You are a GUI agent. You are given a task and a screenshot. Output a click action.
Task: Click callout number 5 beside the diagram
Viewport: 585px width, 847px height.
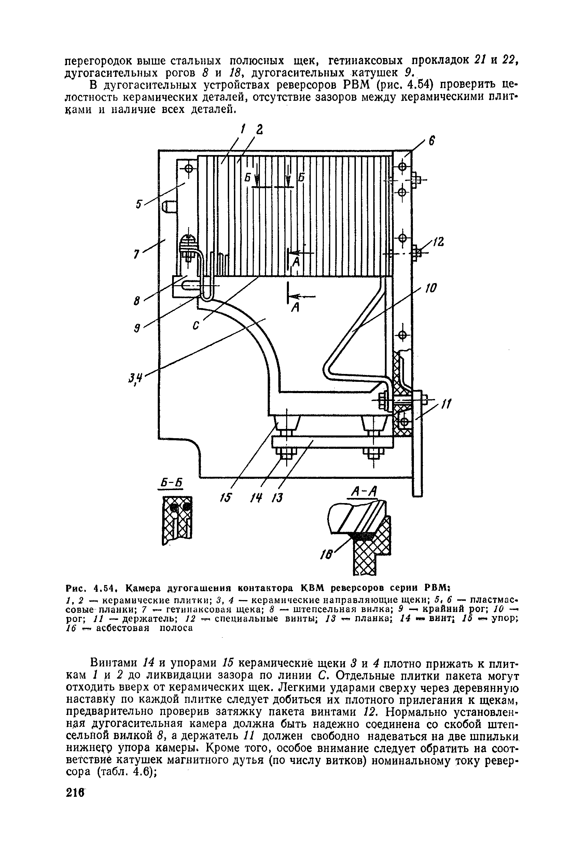[139, 204]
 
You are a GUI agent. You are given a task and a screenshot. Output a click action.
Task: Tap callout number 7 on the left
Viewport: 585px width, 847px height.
[136, 254]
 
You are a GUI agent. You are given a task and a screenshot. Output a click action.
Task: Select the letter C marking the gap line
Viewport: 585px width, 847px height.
[196, 325]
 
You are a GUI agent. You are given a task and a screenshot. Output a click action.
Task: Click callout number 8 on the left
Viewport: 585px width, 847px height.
[137, 301]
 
